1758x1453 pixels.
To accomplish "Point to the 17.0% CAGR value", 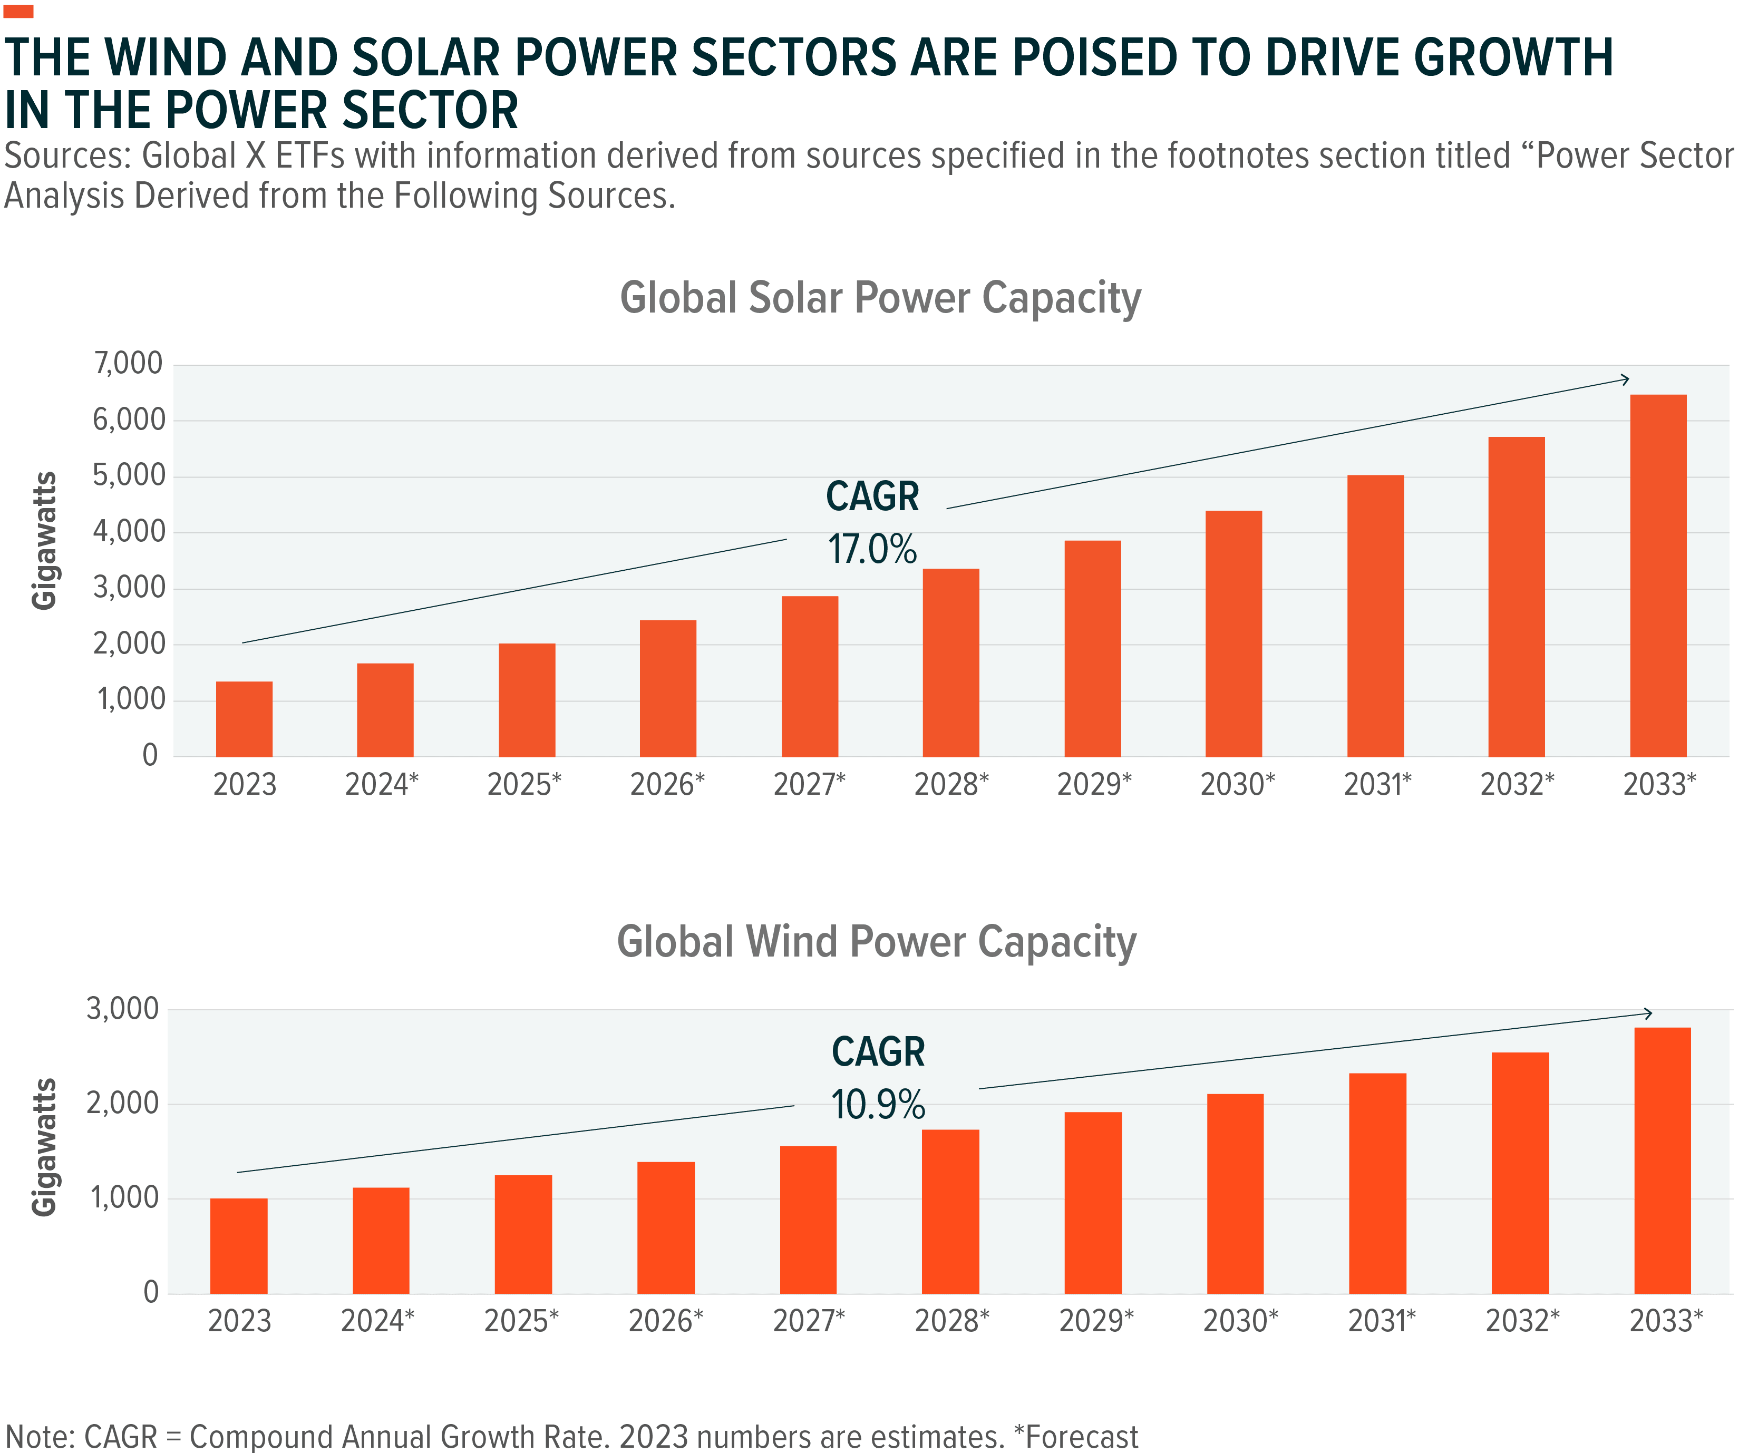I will pyautogui.click(x=872, y=550).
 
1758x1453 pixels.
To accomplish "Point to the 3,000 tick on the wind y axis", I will pyautogui.click(x=122, y=1009).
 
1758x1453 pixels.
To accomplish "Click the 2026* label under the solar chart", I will pyautogui.click(x=667, y=785).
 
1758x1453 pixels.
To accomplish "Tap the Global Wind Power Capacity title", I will pyautogui.click(x=877, y=942).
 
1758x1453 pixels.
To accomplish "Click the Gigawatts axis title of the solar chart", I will pyautogui.click(x=44, y=541).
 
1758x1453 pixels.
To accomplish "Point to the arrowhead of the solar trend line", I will pyautogui.click(x=1625, y=379).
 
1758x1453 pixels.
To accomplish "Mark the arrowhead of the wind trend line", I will pyautogui.click(x=1647, y=1013).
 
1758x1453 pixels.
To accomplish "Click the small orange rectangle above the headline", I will pyautogui.click(x=18, y=11).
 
